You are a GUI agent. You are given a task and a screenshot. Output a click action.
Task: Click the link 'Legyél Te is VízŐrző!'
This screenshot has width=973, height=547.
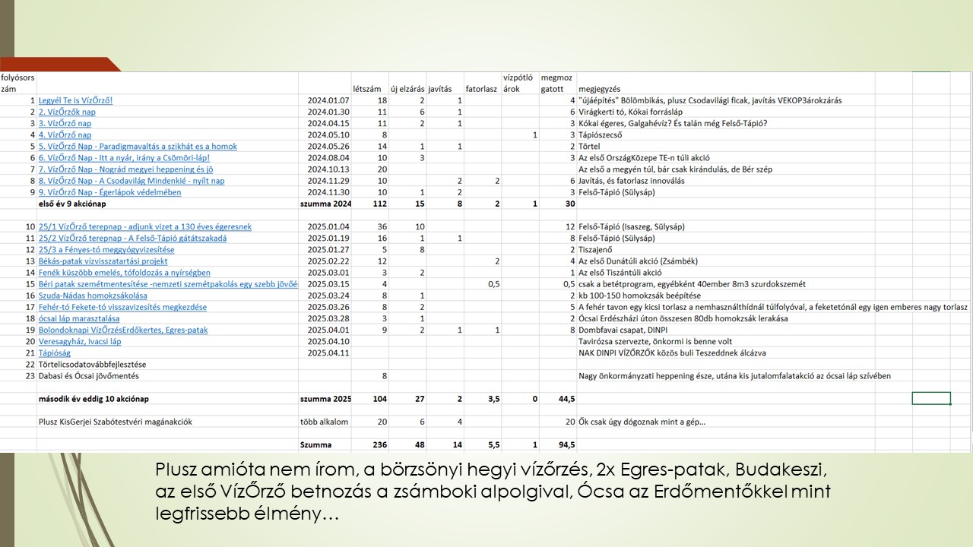[x=76, y=100]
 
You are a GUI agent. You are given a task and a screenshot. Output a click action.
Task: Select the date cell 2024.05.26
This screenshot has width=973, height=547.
[x=328, y=147]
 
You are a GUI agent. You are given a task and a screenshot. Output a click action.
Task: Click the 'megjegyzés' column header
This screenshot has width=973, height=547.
[x=599, y=89]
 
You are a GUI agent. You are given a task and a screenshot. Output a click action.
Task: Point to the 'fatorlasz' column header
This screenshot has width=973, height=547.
[x=481, y=89]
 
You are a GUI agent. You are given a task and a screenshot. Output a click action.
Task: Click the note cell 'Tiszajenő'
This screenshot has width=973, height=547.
[x=597, y=250]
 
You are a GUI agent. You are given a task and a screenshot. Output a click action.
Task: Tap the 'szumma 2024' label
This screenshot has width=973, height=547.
[x=325, y=204]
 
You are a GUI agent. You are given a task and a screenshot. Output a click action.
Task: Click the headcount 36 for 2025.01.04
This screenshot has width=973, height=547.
[x=382, y=227]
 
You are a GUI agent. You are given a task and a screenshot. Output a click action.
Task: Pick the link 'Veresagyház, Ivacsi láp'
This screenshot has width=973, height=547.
[x=80, y=342]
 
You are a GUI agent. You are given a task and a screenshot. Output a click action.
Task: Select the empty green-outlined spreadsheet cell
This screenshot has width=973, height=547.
[x=931, y=399]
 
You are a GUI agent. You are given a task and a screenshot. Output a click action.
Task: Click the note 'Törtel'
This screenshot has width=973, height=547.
[x=589, y=147]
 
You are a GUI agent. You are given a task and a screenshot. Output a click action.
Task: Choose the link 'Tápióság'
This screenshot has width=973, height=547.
[x=55, y=353]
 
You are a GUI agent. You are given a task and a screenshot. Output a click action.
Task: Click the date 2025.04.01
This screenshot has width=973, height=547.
[x=328, y=330]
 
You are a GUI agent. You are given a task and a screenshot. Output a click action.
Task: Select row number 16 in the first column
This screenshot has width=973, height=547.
[x=30, y=296]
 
